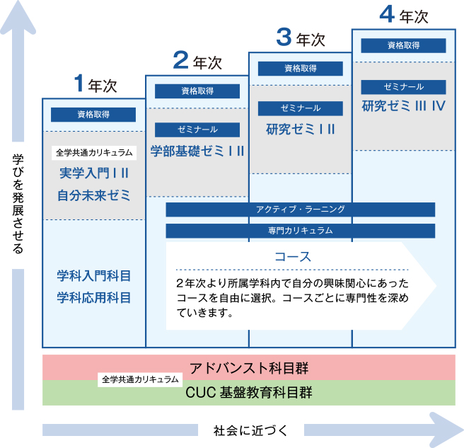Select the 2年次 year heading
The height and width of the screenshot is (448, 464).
coord(197,62)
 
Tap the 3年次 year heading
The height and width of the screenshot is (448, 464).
coord(301,38)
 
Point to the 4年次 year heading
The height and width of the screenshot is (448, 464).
coord(404,13)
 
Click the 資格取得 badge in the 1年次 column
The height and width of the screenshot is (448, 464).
coord(93,115)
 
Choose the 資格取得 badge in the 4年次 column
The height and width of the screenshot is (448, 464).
coord(403,45)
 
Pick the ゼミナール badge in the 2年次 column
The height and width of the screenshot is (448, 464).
coord(197,130)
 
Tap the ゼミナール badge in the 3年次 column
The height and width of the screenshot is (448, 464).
coord(301,108)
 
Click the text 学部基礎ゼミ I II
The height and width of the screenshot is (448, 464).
coord(197,150)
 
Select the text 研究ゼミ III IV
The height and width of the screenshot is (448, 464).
coord(403,107)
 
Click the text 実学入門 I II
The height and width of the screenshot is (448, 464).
coord(93,173)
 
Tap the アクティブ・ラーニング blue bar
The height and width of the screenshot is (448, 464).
coord(301,209)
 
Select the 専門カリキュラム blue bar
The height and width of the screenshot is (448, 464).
coord(301,231)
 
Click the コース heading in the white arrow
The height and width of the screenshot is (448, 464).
coord(292,256)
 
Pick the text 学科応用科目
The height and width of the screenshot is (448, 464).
coord(93,297)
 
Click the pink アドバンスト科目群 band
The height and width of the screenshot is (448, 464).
coord(249,367)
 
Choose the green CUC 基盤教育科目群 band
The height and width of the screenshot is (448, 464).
coord(249,392)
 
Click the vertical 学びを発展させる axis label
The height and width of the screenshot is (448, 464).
coord(18,205)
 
